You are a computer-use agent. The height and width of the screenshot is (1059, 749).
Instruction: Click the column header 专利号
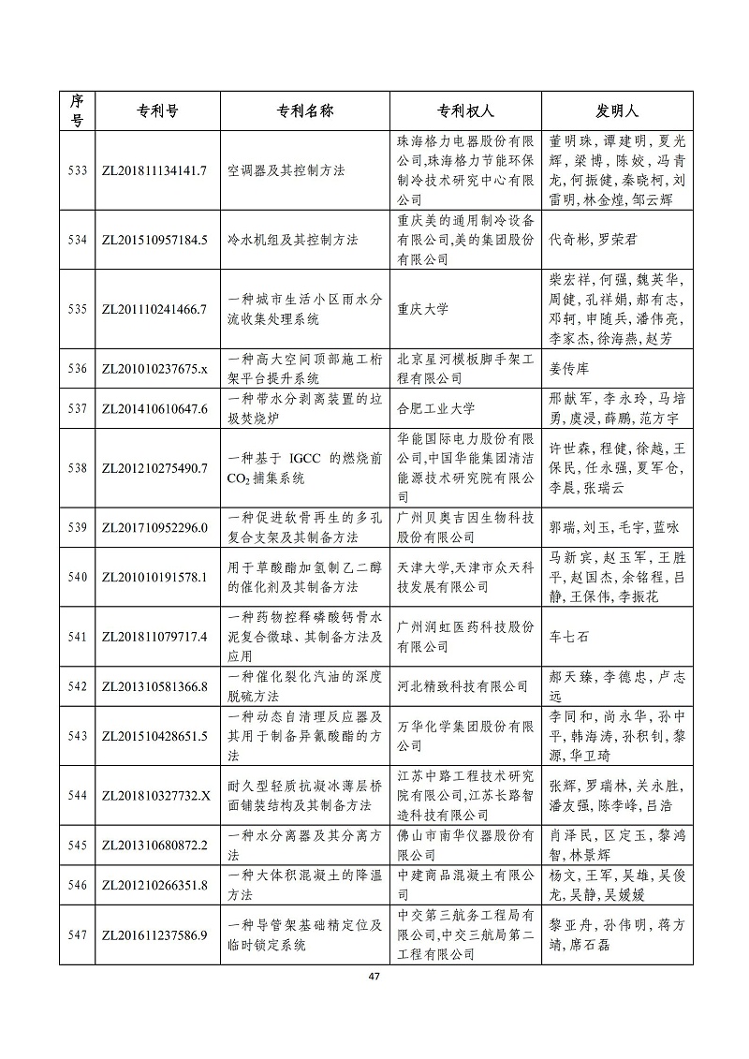pos(153,110)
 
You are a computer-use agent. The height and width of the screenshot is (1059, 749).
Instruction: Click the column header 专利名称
pos(305,110)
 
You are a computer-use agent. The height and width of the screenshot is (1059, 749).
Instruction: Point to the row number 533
pos(78,170)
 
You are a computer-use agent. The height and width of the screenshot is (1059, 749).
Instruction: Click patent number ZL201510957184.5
pos(153,240)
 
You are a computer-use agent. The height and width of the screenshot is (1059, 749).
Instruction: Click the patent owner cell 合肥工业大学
pos(436,408)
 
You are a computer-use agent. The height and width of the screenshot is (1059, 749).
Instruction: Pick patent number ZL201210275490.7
pos(153,468)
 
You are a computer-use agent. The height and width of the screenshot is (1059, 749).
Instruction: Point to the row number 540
pos(78,577)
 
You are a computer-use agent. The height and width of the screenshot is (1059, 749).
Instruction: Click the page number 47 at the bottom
pos(374,977)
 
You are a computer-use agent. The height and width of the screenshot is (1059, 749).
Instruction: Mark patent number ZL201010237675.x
pos(153,368)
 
